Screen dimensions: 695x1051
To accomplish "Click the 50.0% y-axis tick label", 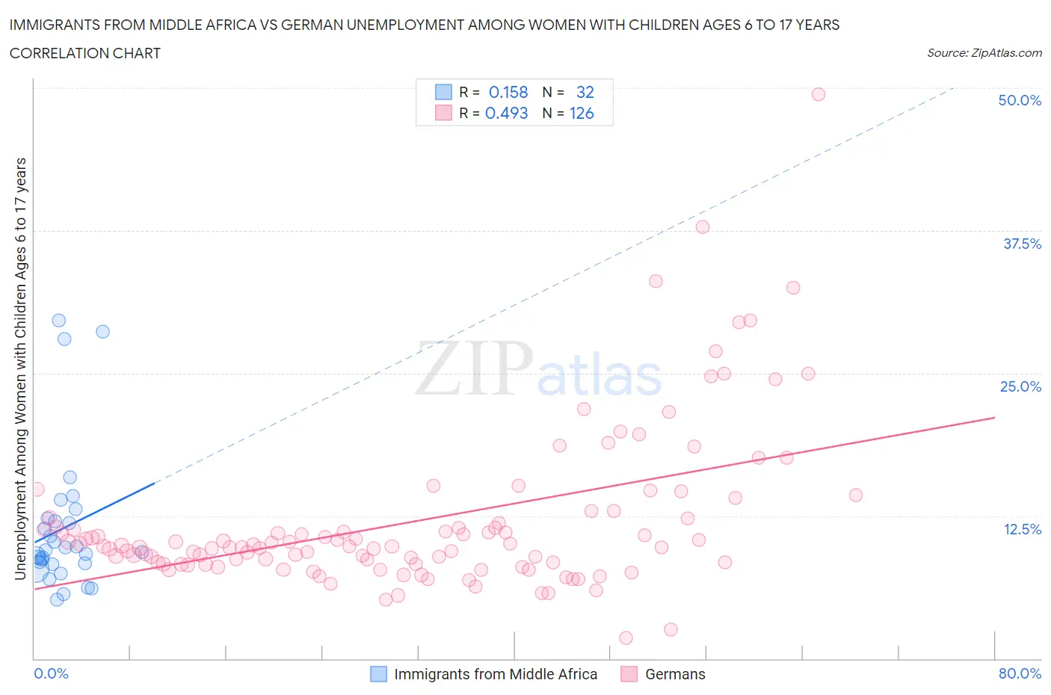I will click(x=1020, y=100).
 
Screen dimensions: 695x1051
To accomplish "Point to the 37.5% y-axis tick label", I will click(x=1022, y=244).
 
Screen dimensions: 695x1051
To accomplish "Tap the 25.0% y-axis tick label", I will click(x=1020, y=386).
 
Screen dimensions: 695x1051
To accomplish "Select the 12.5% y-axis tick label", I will click(x=1022, y=529).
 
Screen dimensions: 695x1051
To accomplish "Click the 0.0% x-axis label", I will click(x=51, y=673).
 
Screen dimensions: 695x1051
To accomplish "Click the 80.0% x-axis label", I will click(x=1020, y=673).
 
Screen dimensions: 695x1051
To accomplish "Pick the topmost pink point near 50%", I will click(x=819, y=94).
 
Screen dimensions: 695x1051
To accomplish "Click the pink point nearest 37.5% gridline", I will click(x=703, y=227).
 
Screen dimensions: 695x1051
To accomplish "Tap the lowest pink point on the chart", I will click(x=626, y=637).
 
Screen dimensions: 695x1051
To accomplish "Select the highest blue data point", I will click(x=59, y=321).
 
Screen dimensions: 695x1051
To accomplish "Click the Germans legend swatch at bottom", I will click(x=629, y=674).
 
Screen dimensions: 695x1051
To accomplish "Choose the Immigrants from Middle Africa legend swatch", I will click(x=379, y=674).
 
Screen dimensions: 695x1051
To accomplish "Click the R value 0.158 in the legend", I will click(x=508, y=92).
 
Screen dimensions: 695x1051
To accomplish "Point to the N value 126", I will click(x=582, y=114).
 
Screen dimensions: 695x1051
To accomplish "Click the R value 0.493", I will click(x=507, y=114).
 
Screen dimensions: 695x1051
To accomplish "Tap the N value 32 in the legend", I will click(x=585, y=92).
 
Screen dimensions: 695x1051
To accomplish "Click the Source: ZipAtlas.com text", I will click(x=984, y=53).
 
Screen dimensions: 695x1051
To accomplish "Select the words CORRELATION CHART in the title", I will click(x=85, y=53).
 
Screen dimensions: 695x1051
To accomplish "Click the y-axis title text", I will click(x=21, y=368).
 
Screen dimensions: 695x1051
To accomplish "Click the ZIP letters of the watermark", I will click(x=474, y=368).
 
